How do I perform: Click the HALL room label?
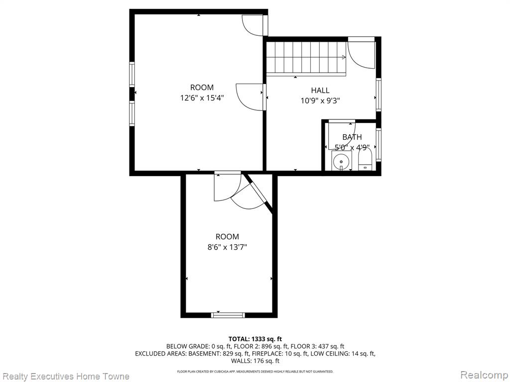point(320,91)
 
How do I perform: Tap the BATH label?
point(352,137)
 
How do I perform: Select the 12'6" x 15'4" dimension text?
point(202,98)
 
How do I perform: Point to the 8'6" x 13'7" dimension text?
point(227,247)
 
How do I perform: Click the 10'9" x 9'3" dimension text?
point(320,100)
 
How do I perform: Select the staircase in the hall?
point(306,58)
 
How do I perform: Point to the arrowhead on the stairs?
point(344,58)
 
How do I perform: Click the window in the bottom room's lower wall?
point(228,315)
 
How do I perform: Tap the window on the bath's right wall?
point(379,145)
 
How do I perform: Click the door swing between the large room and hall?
point(249,97)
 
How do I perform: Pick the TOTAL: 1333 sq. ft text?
point(255,339)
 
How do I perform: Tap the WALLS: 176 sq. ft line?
point(255,361)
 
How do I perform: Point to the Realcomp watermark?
point(484,376)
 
